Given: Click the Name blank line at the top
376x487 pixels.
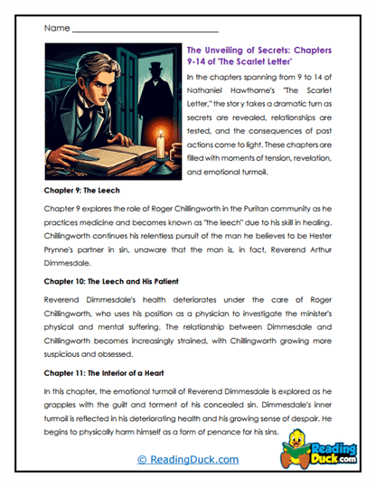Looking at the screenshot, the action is (127, 30).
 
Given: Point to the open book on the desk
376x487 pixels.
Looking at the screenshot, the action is (90, 163).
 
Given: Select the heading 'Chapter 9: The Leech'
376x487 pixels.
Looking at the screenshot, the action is (85, 192).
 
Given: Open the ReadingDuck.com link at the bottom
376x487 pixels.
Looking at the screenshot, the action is (187, 460).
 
